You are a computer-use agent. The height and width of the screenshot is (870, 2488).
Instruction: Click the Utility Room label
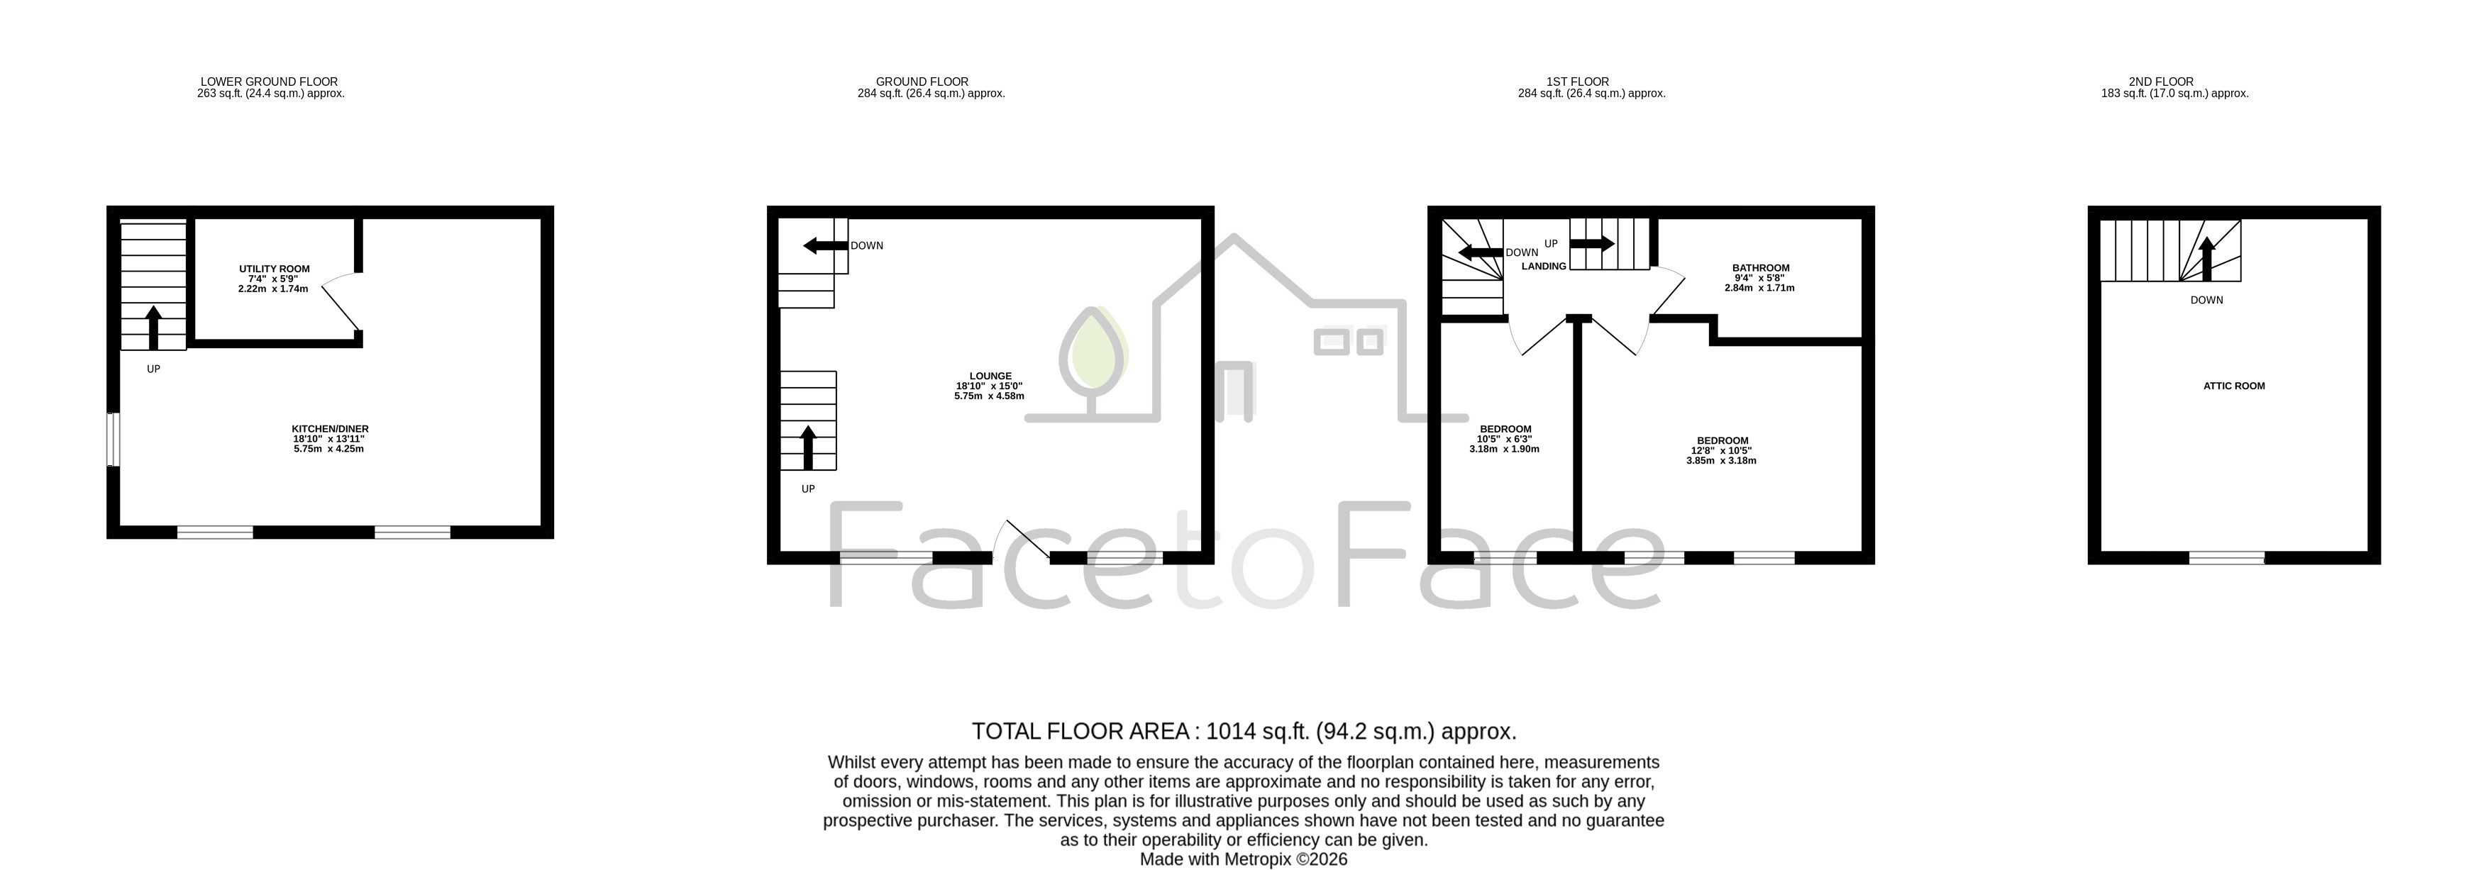[275, 269]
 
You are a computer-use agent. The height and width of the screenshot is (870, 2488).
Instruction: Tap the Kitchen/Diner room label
[331, 429]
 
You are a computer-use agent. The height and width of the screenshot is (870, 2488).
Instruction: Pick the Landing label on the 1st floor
[1544, 267]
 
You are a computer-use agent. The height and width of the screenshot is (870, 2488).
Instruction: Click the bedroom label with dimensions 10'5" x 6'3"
[1505, 430]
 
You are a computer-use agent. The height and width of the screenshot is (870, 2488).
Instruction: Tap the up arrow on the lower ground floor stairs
[153, 328]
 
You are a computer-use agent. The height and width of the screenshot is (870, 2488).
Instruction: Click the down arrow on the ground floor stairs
[825, 246]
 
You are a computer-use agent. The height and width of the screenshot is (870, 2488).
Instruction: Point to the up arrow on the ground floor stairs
[809, 447]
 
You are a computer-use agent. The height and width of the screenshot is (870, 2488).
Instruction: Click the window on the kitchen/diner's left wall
[113, 440]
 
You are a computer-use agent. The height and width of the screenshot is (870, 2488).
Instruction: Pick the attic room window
[2226, 557]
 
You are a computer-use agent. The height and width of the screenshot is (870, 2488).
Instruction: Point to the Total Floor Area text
[1244, 731]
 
